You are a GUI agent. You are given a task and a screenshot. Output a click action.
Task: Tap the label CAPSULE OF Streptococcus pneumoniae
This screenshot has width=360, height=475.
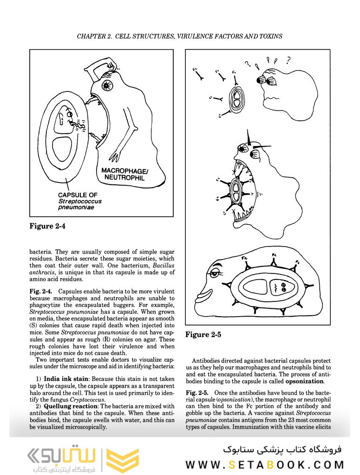80,201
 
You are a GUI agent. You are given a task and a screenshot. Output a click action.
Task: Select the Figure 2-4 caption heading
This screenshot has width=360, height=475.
48,226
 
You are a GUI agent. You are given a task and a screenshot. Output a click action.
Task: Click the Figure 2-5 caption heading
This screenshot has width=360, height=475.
203,334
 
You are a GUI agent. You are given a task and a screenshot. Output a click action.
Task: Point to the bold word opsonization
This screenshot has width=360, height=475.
304,381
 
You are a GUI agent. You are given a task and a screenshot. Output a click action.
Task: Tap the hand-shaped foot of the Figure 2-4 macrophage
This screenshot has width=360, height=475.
115,153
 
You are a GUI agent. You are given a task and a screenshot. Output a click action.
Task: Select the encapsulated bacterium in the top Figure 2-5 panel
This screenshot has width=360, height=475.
237,99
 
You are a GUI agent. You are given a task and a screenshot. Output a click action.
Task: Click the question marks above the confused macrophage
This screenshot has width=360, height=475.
267,61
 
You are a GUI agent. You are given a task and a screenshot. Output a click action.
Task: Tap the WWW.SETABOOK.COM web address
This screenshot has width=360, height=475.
265,464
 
